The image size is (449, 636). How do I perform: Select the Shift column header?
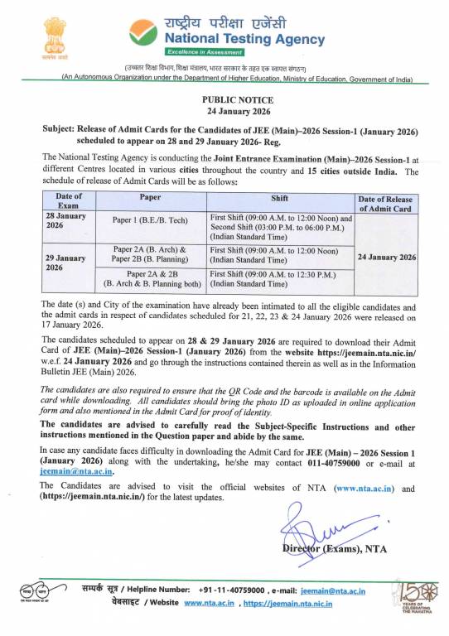click(x=279, y=198)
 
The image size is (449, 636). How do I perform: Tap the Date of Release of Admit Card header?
click(x=385, y=204)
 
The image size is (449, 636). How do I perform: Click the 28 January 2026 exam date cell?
click(x=65, y=221)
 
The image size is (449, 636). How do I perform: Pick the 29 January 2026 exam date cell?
click(x=65, y=263)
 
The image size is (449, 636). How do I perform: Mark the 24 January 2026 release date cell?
click(x=385, y=258)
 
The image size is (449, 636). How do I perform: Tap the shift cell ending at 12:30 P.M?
click(x=273, y=278)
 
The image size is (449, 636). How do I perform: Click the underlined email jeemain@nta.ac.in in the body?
click(x=76, y=470)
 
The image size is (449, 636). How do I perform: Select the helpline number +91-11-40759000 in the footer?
click(x=232, y=590)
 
